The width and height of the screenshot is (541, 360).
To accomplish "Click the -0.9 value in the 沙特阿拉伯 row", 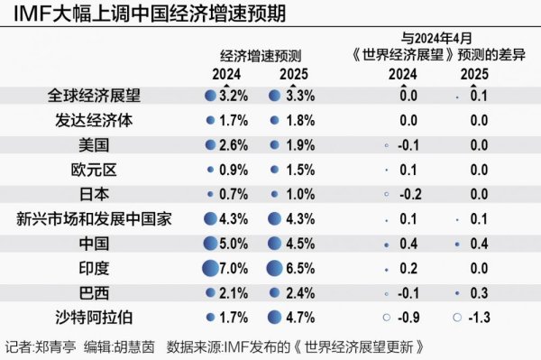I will [408, 317].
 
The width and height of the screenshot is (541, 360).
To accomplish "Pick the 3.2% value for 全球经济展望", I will [233, 95].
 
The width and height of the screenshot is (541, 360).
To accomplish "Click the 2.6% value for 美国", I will [233, 144].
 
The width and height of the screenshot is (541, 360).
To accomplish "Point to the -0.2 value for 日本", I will [408, 194].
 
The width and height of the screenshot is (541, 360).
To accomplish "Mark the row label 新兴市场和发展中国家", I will [94, 218].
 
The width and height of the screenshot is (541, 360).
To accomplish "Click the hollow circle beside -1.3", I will [457, 317].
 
